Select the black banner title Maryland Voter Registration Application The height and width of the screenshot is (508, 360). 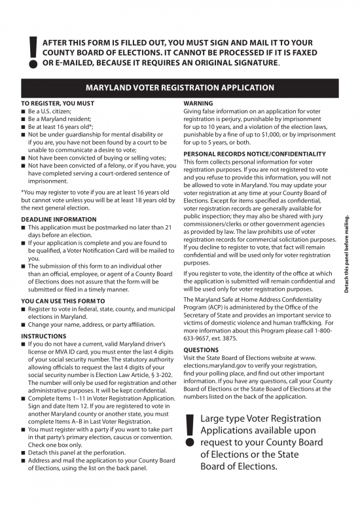click(x=180, y=88)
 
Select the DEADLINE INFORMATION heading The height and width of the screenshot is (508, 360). click(x=59, y=219)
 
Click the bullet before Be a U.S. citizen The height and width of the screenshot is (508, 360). click(x=24, y=112)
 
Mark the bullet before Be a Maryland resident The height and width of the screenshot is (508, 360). click(x=24, y=120)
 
